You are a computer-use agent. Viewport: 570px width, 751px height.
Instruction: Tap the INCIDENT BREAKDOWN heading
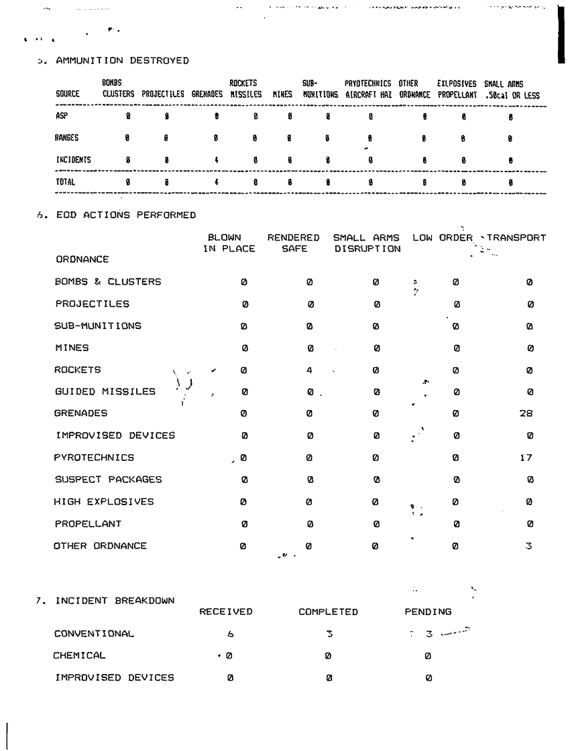(x=114, y=600)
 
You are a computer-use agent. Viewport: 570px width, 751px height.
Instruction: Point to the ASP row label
(x=60, y=116)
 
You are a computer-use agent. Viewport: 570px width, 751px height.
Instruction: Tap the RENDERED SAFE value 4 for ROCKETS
(x=310, y=370)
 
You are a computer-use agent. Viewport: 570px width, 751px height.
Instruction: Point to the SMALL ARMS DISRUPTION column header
(x=366, y=243)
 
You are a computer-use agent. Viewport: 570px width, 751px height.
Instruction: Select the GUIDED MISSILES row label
(x=105, y=392)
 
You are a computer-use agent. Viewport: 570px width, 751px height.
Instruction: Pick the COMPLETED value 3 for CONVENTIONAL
(x=329, y=634)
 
